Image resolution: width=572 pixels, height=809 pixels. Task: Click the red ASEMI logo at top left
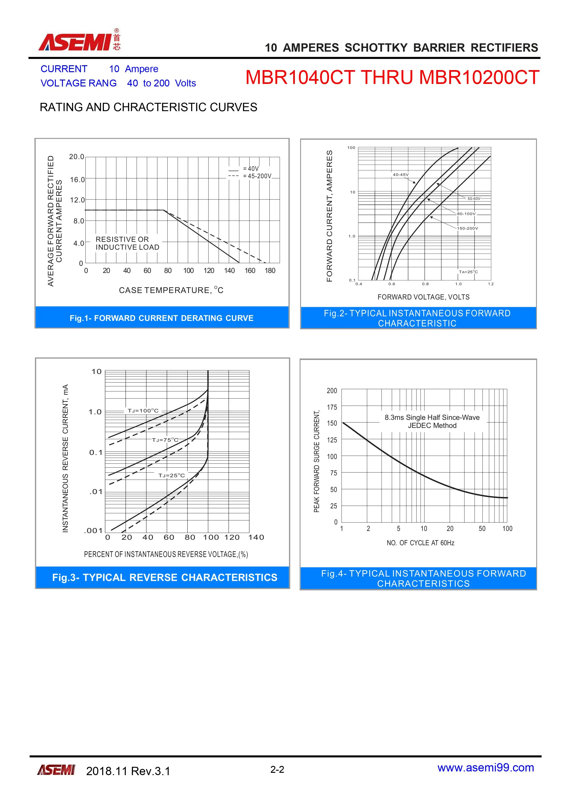79,41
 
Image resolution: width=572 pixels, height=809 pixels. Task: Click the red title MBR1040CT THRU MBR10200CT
392,77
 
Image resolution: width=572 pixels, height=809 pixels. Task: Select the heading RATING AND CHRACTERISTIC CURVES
148,107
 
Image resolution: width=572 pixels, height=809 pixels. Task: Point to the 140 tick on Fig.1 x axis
229,271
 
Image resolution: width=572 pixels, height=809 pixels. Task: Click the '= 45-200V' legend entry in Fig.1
257,176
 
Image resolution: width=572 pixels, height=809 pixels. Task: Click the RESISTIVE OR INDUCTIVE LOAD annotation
127,243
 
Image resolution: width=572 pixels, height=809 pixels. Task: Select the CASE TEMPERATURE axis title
171,290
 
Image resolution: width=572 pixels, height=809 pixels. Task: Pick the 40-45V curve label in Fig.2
401,175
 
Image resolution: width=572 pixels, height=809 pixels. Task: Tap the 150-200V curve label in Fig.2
468,228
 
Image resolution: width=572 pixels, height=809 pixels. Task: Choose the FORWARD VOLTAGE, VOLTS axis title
423,297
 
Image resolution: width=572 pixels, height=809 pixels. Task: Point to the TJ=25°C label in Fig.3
171,475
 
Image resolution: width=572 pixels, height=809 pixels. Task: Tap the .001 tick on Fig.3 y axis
93,531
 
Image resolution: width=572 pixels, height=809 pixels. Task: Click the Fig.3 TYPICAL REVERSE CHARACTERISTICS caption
165,578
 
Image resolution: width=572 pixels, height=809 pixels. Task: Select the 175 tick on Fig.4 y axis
332,407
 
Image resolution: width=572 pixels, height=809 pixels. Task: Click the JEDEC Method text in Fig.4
432,426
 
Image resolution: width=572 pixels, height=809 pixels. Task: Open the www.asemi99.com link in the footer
486,768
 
